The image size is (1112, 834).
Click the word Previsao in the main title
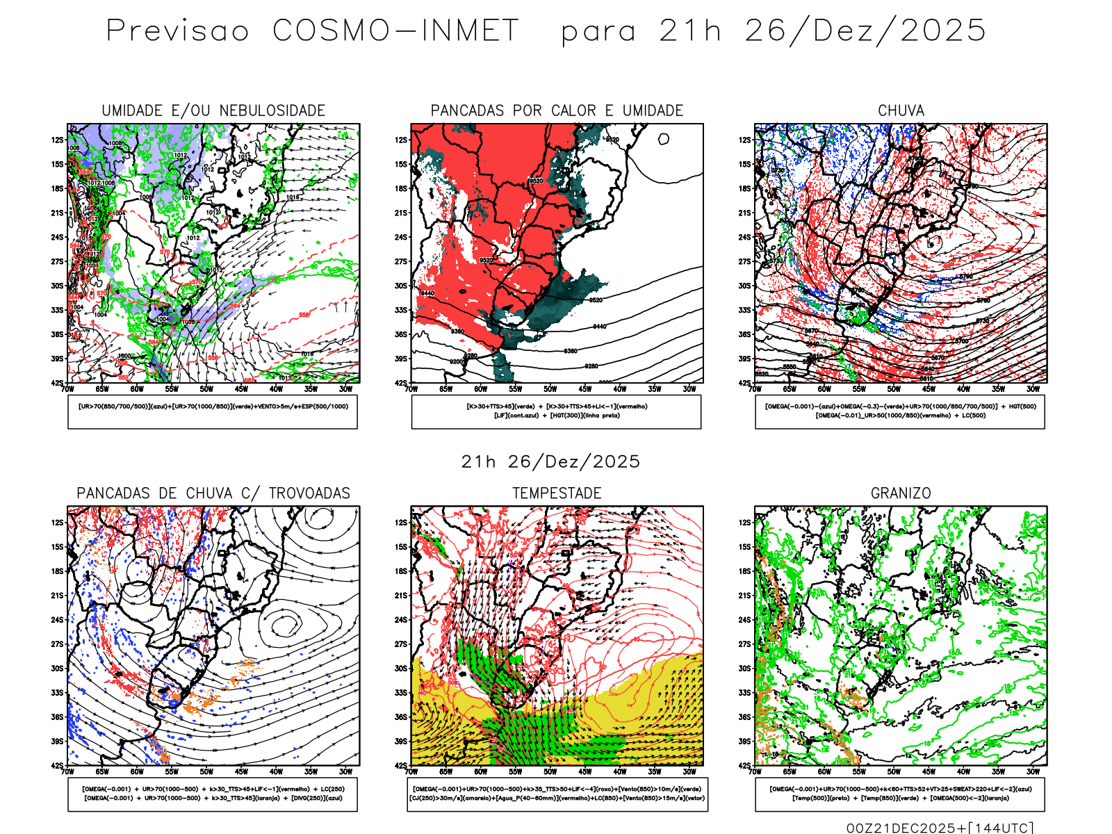point(177,31)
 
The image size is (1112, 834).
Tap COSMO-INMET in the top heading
point(395,31)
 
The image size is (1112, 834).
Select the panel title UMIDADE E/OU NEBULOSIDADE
point(213,111)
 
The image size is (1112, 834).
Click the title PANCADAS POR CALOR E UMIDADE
point(557,111)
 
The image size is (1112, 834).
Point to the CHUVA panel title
point(901,111)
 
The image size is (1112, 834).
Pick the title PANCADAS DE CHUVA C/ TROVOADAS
point(213,493)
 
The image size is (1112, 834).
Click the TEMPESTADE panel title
point(557,493)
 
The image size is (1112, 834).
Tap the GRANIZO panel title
point(901,493)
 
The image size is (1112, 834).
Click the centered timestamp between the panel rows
point(550,461)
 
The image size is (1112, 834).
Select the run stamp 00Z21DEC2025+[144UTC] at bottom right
point(940,827)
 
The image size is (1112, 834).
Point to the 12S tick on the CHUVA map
point(744,140)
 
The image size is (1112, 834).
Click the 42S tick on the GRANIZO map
point(744,765)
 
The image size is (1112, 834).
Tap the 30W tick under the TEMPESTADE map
point(689,771)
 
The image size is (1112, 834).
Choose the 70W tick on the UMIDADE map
point(67,389)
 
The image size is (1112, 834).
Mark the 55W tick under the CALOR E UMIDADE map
point(516,389)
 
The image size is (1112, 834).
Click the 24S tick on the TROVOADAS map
point(57,619)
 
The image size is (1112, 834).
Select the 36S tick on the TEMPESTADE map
point(401,717)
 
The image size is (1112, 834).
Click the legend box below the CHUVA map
point(900,411)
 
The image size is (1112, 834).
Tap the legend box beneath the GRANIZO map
point(900,794)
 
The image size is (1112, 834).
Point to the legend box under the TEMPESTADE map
point(557,794)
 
